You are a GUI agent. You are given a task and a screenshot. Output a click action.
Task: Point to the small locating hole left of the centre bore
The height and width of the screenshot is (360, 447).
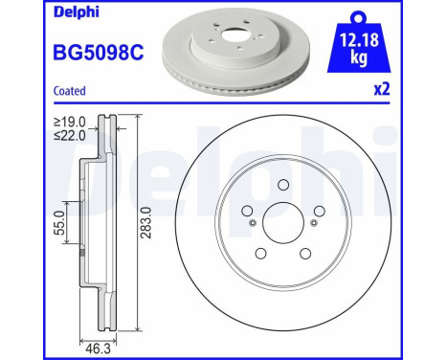point(252,223)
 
